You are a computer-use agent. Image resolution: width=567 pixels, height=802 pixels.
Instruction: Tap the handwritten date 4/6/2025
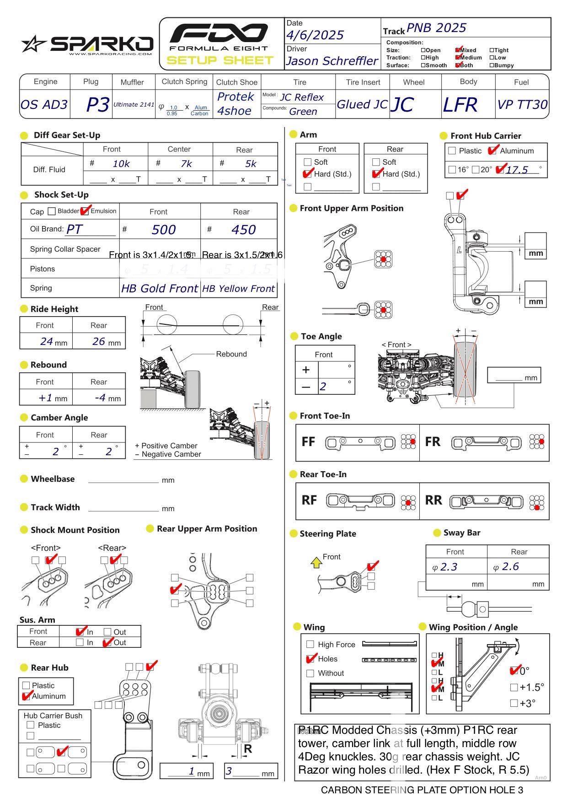point(315,35)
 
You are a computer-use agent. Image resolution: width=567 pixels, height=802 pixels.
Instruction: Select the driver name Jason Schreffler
point(332,61)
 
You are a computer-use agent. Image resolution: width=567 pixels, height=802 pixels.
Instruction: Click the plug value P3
point(97,105)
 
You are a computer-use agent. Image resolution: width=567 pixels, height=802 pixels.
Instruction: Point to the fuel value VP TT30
point(522,105)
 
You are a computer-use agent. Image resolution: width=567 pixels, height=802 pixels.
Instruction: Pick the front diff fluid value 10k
point(121,164)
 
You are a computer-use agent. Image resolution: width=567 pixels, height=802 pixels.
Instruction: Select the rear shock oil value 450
point(243,230)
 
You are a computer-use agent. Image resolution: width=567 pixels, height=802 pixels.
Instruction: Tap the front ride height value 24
point(47,341)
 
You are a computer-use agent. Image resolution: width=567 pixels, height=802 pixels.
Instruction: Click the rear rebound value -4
point(100,398)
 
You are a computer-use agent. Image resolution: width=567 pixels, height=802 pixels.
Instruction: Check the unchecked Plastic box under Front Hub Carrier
point(452,151)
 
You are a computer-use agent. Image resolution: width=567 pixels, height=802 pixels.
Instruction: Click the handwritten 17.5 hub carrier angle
point(517,170)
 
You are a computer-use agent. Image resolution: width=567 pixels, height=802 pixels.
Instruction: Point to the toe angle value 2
point(323,387)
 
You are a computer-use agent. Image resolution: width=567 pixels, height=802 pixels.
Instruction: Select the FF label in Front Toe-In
point(308,441)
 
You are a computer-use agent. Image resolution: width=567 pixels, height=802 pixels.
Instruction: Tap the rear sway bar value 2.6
point(510,566)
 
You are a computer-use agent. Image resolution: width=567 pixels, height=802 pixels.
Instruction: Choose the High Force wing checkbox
point(310,644)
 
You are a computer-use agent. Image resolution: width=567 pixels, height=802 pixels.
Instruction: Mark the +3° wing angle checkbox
point(514,703)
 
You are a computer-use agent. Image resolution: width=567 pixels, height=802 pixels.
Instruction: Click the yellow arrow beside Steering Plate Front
point(316,562)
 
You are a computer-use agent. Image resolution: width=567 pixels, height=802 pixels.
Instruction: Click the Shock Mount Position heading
point(75,530)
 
